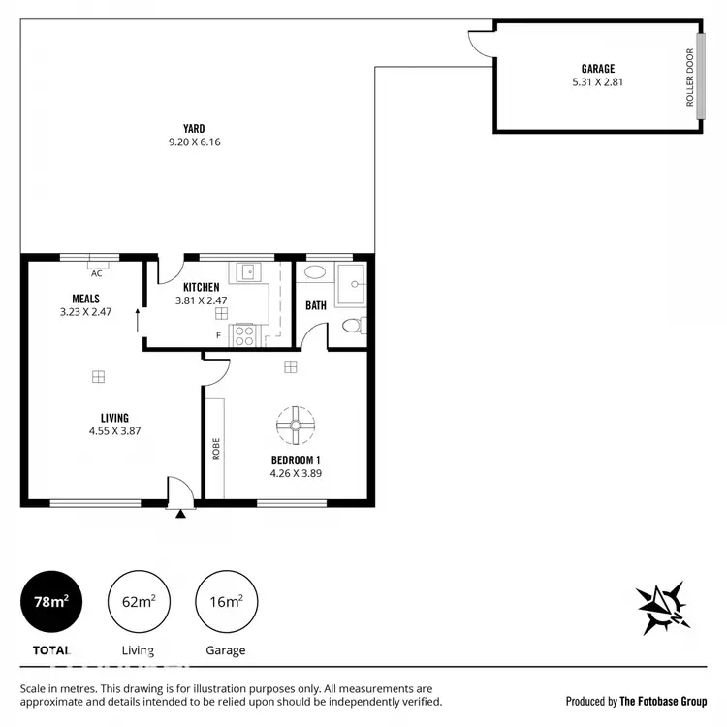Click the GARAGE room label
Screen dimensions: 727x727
[x=598, y=68]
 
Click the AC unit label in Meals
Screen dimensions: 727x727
[x=97, y=273]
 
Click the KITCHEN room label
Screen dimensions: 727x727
[x=202, y=288]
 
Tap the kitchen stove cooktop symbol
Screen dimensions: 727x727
[x=245, y=335]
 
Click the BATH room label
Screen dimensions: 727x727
[x=316, y=305]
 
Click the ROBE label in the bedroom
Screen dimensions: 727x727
[x=216, y=449]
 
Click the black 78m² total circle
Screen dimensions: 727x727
[x=51, y=602]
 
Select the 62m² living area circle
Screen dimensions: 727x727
[x=139, y=602]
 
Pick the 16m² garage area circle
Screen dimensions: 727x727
[x=226, y=602]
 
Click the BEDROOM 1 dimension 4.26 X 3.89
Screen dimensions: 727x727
[x=296, y=474]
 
